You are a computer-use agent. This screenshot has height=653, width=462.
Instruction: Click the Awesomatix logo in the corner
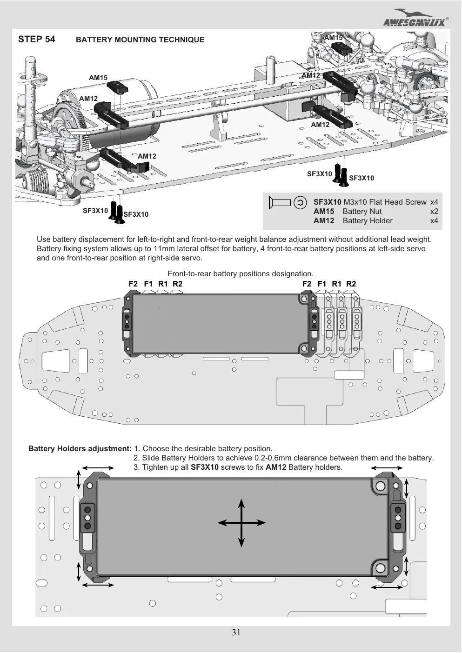tap(415, 18)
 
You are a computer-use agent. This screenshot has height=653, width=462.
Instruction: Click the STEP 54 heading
tap(36, 39)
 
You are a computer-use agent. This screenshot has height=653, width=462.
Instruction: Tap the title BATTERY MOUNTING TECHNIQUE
tap(140, 40)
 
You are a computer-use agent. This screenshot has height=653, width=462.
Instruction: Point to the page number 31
tap(236, 632)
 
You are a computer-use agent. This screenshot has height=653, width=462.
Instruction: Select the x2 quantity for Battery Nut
tap(434, 211)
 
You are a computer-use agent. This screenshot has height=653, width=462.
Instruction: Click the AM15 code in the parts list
tap(324, 211)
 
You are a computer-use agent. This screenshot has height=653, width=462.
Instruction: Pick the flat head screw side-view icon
tap(280, 203)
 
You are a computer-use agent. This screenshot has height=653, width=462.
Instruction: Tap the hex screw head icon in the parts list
tap(300, 202)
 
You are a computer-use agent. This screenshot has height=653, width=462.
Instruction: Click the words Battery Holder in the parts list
tap(368, 220)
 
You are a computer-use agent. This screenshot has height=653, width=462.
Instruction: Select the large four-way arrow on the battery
tap(241, 523)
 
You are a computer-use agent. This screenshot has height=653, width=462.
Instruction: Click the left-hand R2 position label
tap(177, 284)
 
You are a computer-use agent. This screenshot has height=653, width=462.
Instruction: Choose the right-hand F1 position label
tap(321, 284)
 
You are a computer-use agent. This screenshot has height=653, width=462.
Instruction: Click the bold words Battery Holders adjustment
tap(80, 448)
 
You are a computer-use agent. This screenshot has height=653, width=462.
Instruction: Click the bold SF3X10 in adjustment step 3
tap(204, 467)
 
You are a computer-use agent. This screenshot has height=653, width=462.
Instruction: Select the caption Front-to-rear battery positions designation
tap(241, 274)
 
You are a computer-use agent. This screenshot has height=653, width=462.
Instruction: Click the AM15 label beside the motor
tap(98, 78)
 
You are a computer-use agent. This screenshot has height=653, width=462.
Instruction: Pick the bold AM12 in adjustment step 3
tap(276, 467)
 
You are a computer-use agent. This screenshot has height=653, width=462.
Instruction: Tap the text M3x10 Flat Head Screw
tap(385, 202)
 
